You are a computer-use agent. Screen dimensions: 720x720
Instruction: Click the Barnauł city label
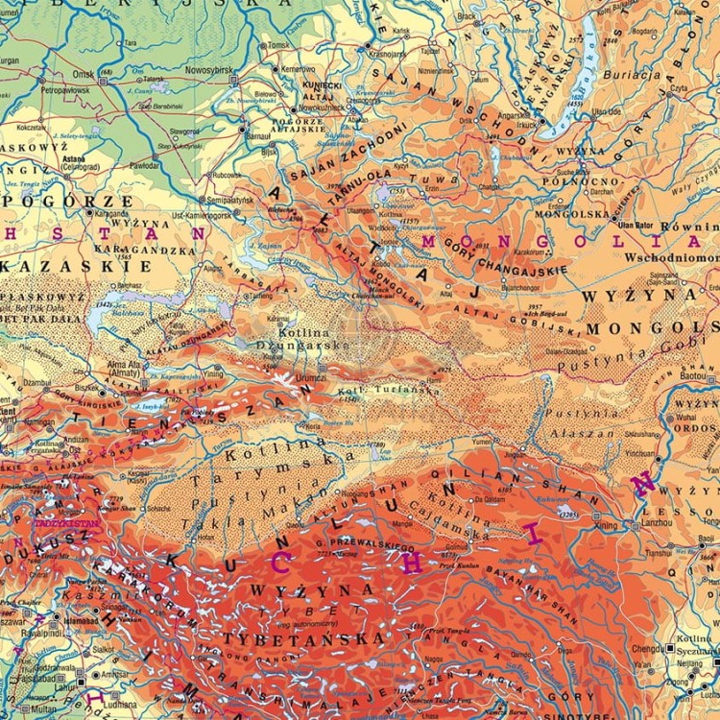259,137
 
